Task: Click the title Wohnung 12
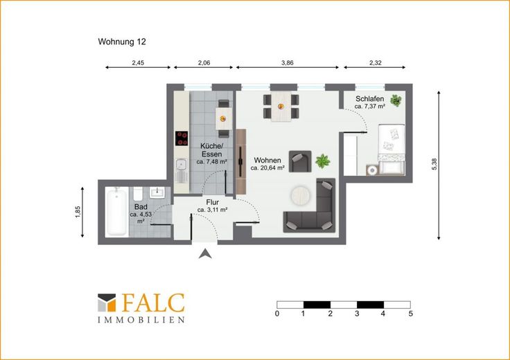click(x=122, y=42)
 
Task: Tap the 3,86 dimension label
click(x=287, y=63)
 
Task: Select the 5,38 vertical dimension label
click(x=434, y=164)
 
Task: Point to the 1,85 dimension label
click(x=78, y=212)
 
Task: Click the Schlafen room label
click(x=370, y=99)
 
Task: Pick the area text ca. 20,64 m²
click(x=267, y=168)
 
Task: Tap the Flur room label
click(x=213, y=203)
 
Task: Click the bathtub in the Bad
click(x=116, y=212)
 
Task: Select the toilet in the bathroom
click(x=138, y=194)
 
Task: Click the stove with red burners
click(x=182, y=138)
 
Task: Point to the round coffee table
click(x=301, y=195)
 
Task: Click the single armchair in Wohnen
click(x=300, y=161)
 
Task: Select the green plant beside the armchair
click(x=323, y=161)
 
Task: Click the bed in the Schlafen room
click(x=392, y=150)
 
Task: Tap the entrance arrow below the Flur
click(x=205, y=254)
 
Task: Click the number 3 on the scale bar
click(x=357, y=314)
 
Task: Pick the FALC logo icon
click(x=107, y=303)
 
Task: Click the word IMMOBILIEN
click(x=141, y=320)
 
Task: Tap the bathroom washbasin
click(x=157, y=192)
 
